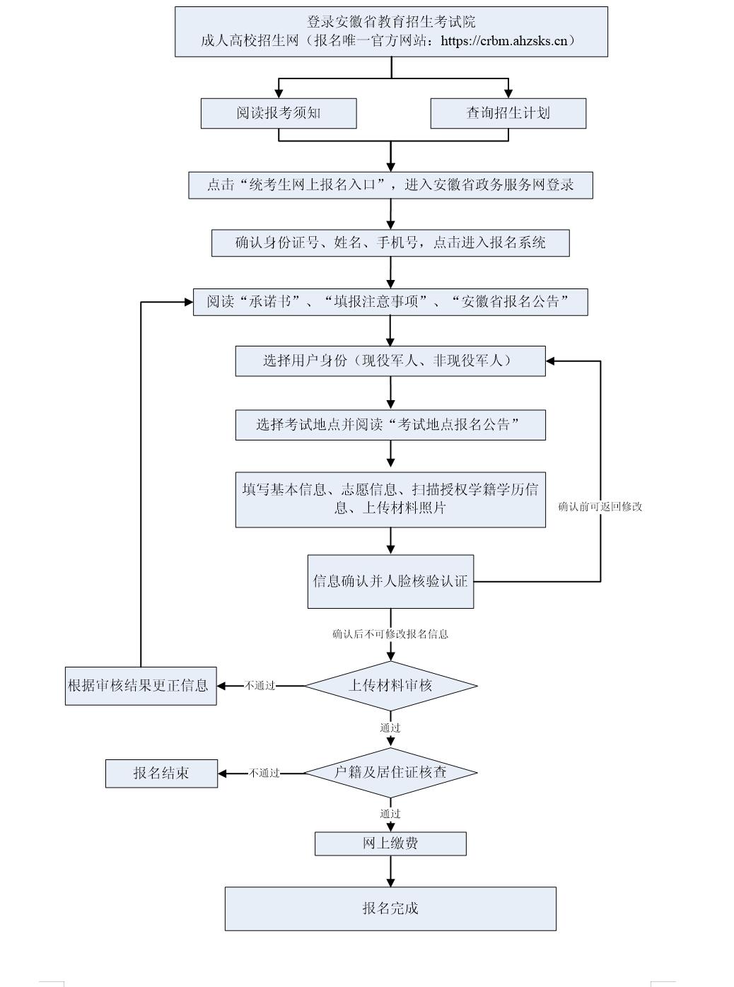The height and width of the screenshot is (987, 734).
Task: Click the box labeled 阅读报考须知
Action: coord(278,113)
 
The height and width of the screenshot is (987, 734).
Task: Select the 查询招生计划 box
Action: coord(508,113)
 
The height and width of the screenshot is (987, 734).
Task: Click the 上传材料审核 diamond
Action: coord(390,685)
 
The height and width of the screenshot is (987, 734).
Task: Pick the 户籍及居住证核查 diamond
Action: coord(390,772)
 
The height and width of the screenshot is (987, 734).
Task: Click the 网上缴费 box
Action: coord(390,843)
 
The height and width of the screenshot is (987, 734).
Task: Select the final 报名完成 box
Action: coord(390,909)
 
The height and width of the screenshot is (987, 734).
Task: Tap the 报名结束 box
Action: coord(161,773)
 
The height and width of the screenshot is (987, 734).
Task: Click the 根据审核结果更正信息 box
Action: coord(140,686)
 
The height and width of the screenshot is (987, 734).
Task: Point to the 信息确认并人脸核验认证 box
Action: coord(390,581)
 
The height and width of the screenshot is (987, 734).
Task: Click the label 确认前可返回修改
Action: coord(600,507)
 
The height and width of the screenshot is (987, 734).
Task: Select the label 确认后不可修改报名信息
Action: coord(390,634)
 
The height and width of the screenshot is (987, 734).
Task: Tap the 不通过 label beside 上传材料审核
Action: coord(260,686)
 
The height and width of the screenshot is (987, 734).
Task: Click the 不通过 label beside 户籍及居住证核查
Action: coord(264,773)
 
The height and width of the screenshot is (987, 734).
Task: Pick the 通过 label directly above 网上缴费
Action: coord(390,814)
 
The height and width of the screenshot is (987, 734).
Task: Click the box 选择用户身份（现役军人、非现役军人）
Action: coord(390,361)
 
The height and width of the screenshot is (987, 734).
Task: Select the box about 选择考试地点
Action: coord(390,425)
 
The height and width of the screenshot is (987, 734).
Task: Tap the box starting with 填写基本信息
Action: coord(390,499)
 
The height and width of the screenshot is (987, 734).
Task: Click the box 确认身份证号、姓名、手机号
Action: coord(390,243)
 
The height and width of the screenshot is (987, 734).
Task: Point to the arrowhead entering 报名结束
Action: coord(223,773)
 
